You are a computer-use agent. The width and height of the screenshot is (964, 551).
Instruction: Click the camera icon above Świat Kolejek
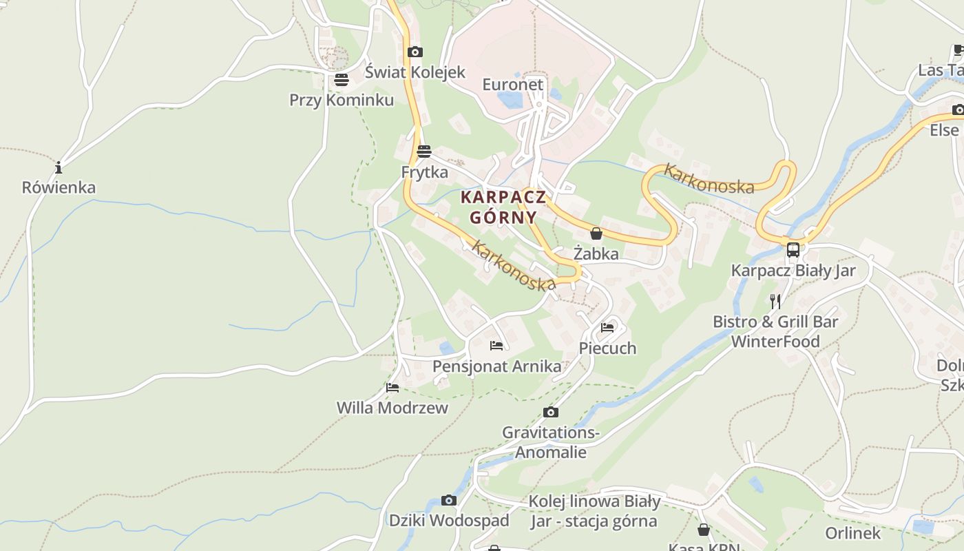click(x=415, y=52)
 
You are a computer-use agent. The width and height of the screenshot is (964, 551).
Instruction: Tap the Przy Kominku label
click(x=342, y=100)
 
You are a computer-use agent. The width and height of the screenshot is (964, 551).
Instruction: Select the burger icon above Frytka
click(x=424, y=151)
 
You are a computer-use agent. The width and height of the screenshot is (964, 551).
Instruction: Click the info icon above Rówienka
click(x=59, y=167)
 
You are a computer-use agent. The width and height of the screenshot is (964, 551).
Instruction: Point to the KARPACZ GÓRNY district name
click(x=503, y=207)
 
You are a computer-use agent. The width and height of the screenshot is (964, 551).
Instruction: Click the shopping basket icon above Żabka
click(x=596, y=234)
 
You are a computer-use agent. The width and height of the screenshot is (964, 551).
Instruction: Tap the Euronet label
click(x=512, y=85)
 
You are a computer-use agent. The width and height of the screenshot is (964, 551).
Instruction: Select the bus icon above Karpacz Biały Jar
click(x=793, y=250)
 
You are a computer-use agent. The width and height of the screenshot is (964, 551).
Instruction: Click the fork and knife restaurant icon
click(x=775, y=302)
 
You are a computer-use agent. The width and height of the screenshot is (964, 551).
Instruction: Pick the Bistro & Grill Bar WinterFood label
click(x=775, y=331)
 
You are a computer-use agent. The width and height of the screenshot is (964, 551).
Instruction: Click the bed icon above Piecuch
click(x=607, y=328)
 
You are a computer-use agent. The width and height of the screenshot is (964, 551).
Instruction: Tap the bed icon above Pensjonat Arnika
click(x=496, y=346)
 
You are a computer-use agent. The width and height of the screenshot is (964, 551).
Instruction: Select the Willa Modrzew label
click(x=392, y=408)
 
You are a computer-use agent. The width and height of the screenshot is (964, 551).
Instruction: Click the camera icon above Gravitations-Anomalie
click(x=551, y=413)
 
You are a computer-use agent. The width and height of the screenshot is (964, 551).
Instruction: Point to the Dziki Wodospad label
click(x=449, y=520)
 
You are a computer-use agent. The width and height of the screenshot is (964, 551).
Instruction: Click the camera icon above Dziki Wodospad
click(x=449, y=501)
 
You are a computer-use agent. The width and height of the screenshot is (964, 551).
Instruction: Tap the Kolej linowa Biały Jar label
click(x=594, y=511)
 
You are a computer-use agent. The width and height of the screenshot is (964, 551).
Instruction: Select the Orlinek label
click(x=852, y=533)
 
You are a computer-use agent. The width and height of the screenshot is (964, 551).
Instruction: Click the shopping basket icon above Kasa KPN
click(x=704, y=530)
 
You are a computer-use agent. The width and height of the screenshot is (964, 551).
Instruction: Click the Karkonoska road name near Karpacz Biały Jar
click(x=709, y=178)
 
